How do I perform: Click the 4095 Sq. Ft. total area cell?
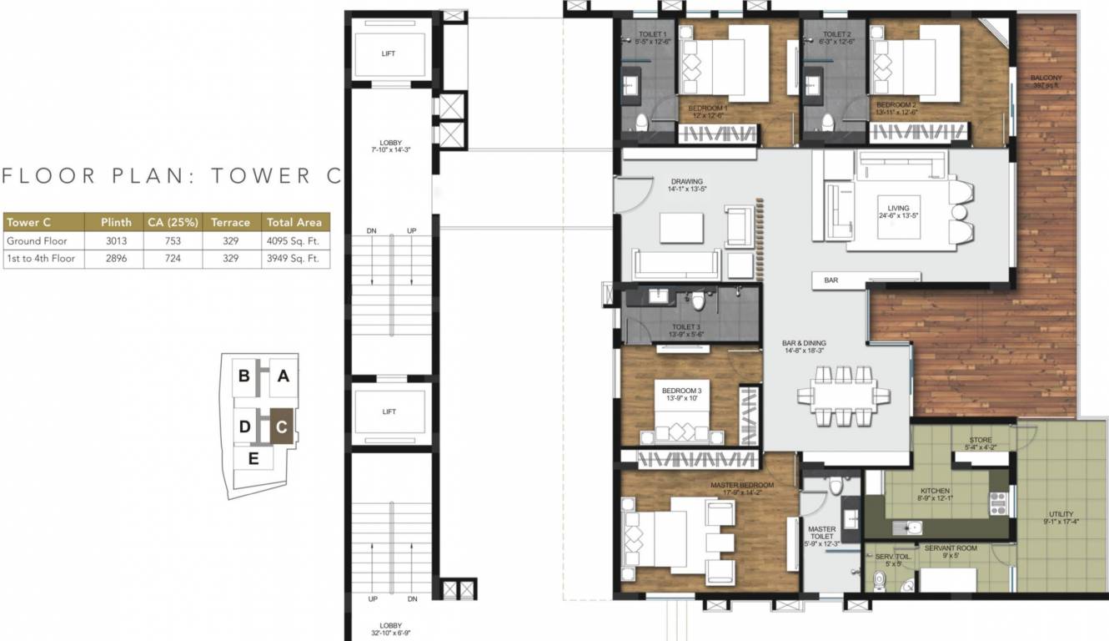(292, 241)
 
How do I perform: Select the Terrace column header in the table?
(230, 223)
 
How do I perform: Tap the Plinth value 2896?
(116, 259)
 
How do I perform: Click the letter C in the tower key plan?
(283, 427)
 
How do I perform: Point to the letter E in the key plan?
(253, 457)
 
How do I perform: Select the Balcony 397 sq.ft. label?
(1046, 81)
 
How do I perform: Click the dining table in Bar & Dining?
(841, 392)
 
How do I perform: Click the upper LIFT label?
(389, 53)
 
